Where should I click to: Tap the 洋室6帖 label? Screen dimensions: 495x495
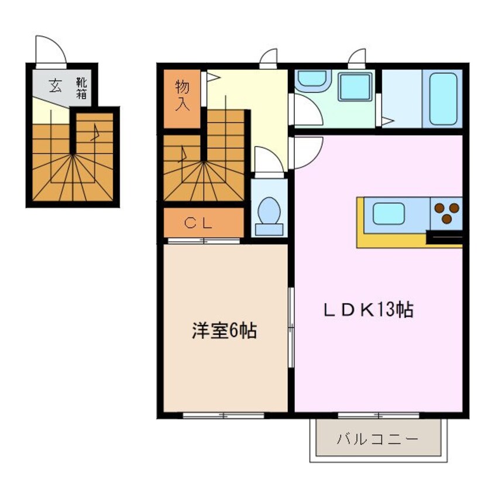click(x=224, y=331)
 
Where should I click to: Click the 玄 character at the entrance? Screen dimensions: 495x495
click(x=55, y=86)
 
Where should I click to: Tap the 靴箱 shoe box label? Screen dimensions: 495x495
click(x=81, y=88)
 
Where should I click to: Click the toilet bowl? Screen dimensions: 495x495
click(x=269, y=211)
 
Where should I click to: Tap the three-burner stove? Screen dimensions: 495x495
click(x=446, y=212)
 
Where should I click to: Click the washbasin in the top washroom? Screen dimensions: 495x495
click(x=314, y=82)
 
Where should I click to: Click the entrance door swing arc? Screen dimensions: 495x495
click(x=51, y=49)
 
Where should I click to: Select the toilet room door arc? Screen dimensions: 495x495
click(x=269, y=159)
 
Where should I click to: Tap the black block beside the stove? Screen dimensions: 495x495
click(x=445, y=237)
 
